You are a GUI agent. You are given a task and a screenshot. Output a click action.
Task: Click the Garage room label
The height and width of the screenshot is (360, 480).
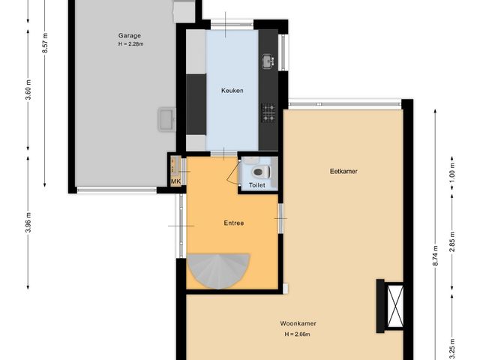tap(129, 35)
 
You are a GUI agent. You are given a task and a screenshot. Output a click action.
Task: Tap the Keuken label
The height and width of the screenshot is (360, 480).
tap(232, 91)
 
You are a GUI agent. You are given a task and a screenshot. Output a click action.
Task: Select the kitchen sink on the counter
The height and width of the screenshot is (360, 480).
tap(268, 60)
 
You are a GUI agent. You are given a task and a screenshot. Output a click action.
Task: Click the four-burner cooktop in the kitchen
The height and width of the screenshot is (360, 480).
tap(268, 112)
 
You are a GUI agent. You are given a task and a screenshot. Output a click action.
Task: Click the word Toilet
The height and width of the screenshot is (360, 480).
tap(257, 184)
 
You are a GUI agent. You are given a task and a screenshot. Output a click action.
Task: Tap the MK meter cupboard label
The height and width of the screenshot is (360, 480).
tap(176, 181)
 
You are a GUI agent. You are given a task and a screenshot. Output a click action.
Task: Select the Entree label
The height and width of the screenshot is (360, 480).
tap(234, 223)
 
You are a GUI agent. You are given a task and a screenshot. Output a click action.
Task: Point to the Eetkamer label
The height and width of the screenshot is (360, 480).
tap(343, 171)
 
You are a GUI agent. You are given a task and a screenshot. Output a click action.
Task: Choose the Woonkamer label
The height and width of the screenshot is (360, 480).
tap(296, 324)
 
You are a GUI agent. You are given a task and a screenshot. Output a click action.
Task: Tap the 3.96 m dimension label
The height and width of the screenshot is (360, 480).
tap(28, 223)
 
